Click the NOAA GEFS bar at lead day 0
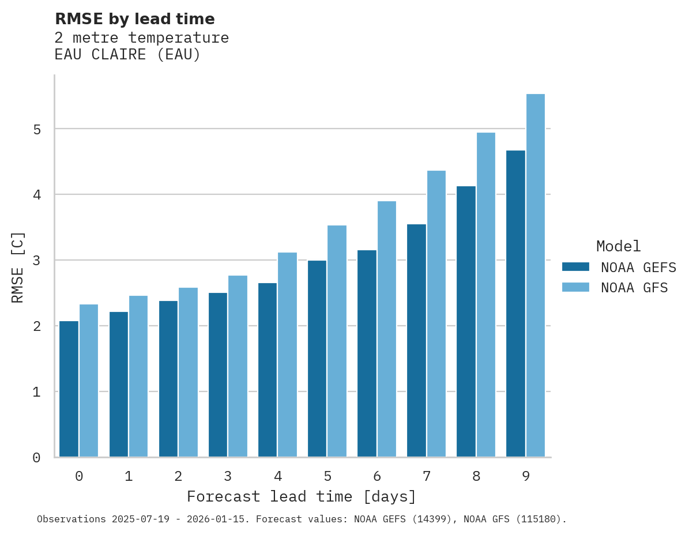pyautogui.click(x=69, y=389)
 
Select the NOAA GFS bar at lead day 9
pyautogui.click(x=536, y=276)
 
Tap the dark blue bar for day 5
pyautogui.click(x=317, y=359)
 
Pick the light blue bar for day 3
pyautogui.click(x=238, y=366)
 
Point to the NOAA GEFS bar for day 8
pyautogui.click(x=466, y=322)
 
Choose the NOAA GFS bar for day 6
pyautogui.click(x=386, y=329)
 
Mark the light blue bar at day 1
pyautogui.click(x=138, y=376)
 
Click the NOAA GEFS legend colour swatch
pyautogui.click(x=575, y=267)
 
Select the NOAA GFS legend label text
pyautogui.click(x=634, y=288)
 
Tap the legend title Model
pyautogui.click(x=618, y=247)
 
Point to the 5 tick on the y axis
pyautogui.click(x=36, y=129)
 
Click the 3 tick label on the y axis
pyautogui.click(x=36, y=261)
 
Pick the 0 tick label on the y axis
pyautogui.click(x=36, y=458)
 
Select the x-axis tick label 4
pyautogui.click(x=278, y=476)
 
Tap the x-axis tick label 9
pyautogui.click(x=526, y=476)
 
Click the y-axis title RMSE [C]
pyautogui.click(x=18, y=267)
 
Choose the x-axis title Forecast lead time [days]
pyautogui.click(x=301, y=497)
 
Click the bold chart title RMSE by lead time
pyautogui.click(x=134, y=19)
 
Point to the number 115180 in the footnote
pyautogui.click(x=537, y=519)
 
